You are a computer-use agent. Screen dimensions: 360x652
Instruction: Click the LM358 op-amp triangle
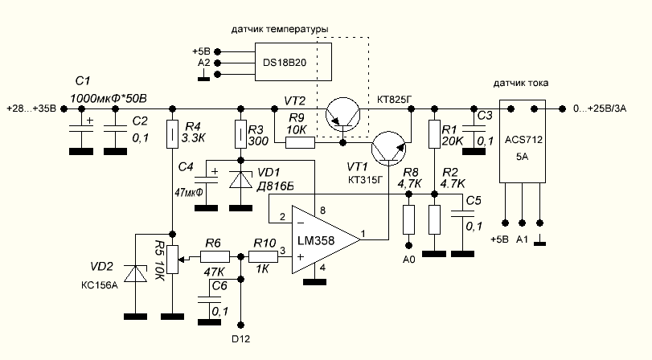[322, 238]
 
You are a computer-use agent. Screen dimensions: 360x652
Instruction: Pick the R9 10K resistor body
[300, 143]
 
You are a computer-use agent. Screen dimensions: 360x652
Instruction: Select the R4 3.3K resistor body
[173, 134]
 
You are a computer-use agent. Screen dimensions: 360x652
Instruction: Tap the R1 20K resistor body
[434, 133]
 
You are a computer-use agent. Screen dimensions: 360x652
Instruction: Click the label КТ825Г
[394, 100]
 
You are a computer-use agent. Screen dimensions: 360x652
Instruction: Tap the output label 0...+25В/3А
[610, 108]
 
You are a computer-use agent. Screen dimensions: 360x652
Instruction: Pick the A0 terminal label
[408, 260]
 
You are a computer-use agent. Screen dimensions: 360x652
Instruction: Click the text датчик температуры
[279, 30]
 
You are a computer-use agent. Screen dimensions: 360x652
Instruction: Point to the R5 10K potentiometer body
[173, 258]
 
